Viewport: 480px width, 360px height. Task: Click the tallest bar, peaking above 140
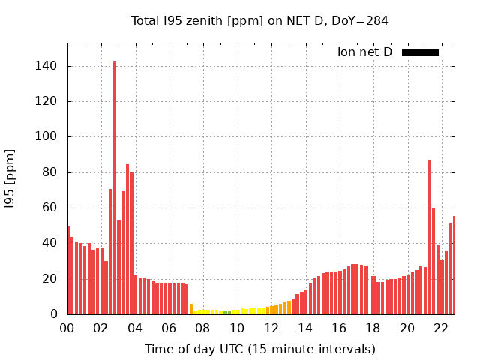[x=115, y=187]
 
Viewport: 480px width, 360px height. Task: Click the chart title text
[x=259, y=20]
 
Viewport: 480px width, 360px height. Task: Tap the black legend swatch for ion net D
[x=420, y=52]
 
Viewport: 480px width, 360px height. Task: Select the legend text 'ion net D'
[x=364, y=52]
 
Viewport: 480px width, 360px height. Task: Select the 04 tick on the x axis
[x=135, y=328]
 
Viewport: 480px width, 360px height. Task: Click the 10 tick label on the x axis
[x=237, y=328]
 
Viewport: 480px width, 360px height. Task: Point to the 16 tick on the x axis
[x=339, y=328]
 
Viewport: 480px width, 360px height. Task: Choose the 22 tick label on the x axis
[x=441, y=328]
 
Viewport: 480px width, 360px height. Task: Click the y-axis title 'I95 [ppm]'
[x=10, y=178]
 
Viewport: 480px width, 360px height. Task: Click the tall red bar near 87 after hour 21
[x=429, y=237]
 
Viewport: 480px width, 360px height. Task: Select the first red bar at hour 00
[x=68, y=270]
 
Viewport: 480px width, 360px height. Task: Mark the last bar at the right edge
[x=453, y=265]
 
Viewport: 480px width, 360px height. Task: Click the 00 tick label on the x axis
[x=67, y=328]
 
